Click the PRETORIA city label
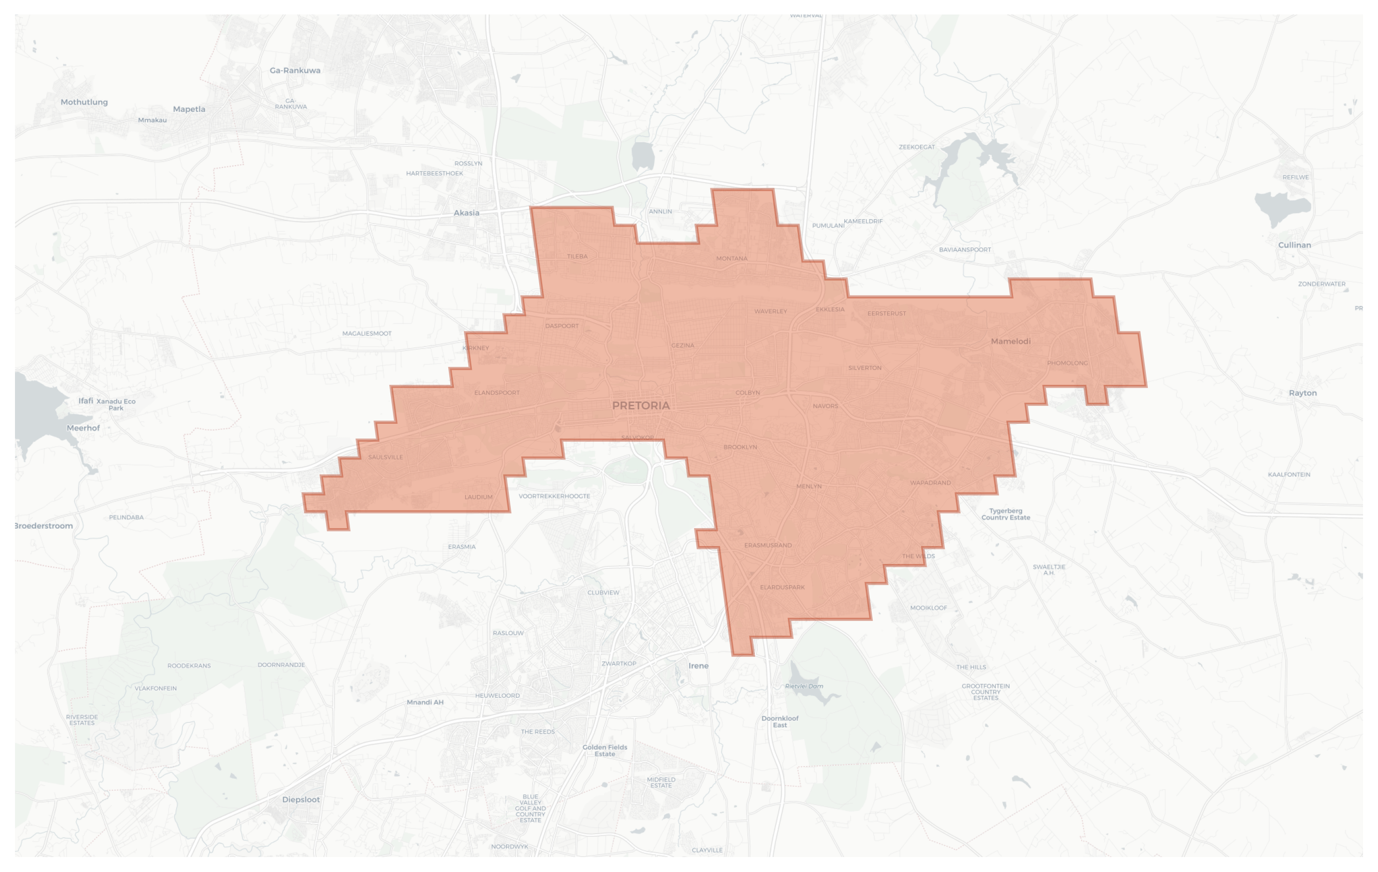(x=641, y=406)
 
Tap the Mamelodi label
(x=1011, y=341)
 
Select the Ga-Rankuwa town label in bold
(x=295, y=70)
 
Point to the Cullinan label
(x=1295, y=245)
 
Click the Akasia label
(x=466, y=213)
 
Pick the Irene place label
(x=698, y=665)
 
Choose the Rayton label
(x=1303, y=393)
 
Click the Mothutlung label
(x=84, y=102)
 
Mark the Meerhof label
(x=83, y=428)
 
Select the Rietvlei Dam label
(x=804, y=686)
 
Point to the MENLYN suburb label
(x=809, y=486)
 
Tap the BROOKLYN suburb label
(x=740, y=447)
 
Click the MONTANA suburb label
(x=731, y=259)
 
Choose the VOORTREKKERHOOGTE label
(x=554, y=496)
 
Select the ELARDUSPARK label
(x=782, y=587)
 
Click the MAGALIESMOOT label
(x=367, y=333)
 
